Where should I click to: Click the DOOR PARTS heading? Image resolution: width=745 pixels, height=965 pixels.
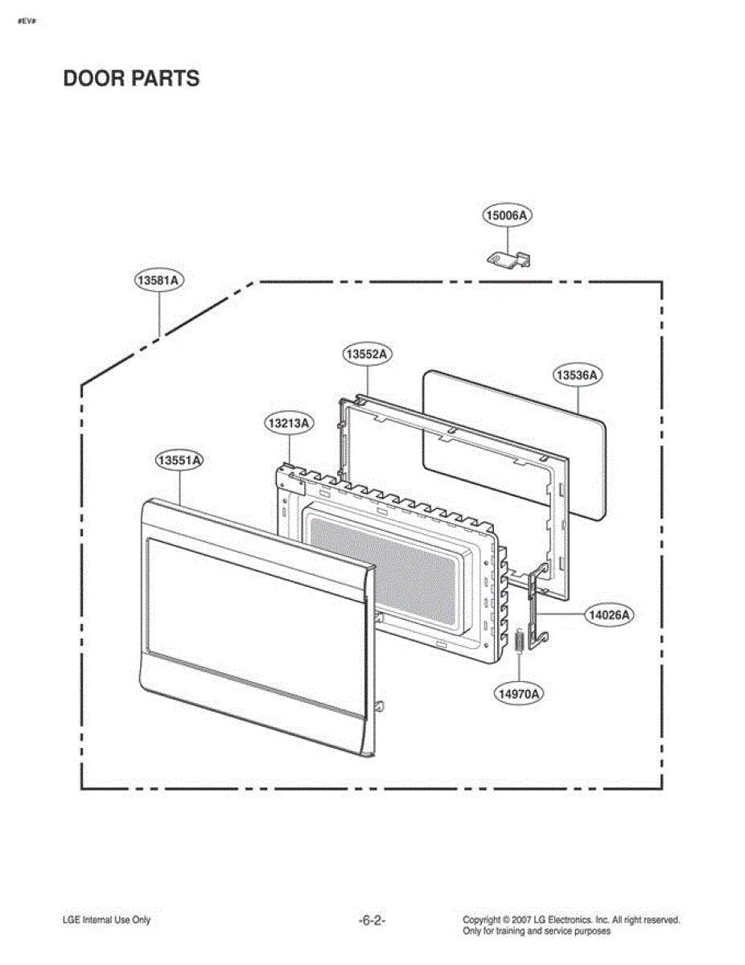point(131,79)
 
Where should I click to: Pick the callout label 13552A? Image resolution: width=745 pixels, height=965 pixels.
point(367,354)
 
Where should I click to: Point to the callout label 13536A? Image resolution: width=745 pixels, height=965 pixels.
point(578,375)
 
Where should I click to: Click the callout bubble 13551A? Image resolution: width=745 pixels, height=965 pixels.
point(179,460)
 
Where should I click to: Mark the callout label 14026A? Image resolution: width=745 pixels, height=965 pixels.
point(610,614)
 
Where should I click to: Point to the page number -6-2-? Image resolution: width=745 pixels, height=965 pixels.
point(372,921)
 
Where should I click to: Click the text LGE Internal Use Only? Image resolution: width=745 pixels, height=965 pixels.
point(106,921)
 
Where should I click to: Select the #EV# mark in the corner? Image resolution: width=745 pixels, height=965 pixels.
point(25,20)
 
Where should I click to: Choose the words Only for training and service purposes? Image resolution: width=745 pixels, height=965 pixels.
point(537,931)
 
